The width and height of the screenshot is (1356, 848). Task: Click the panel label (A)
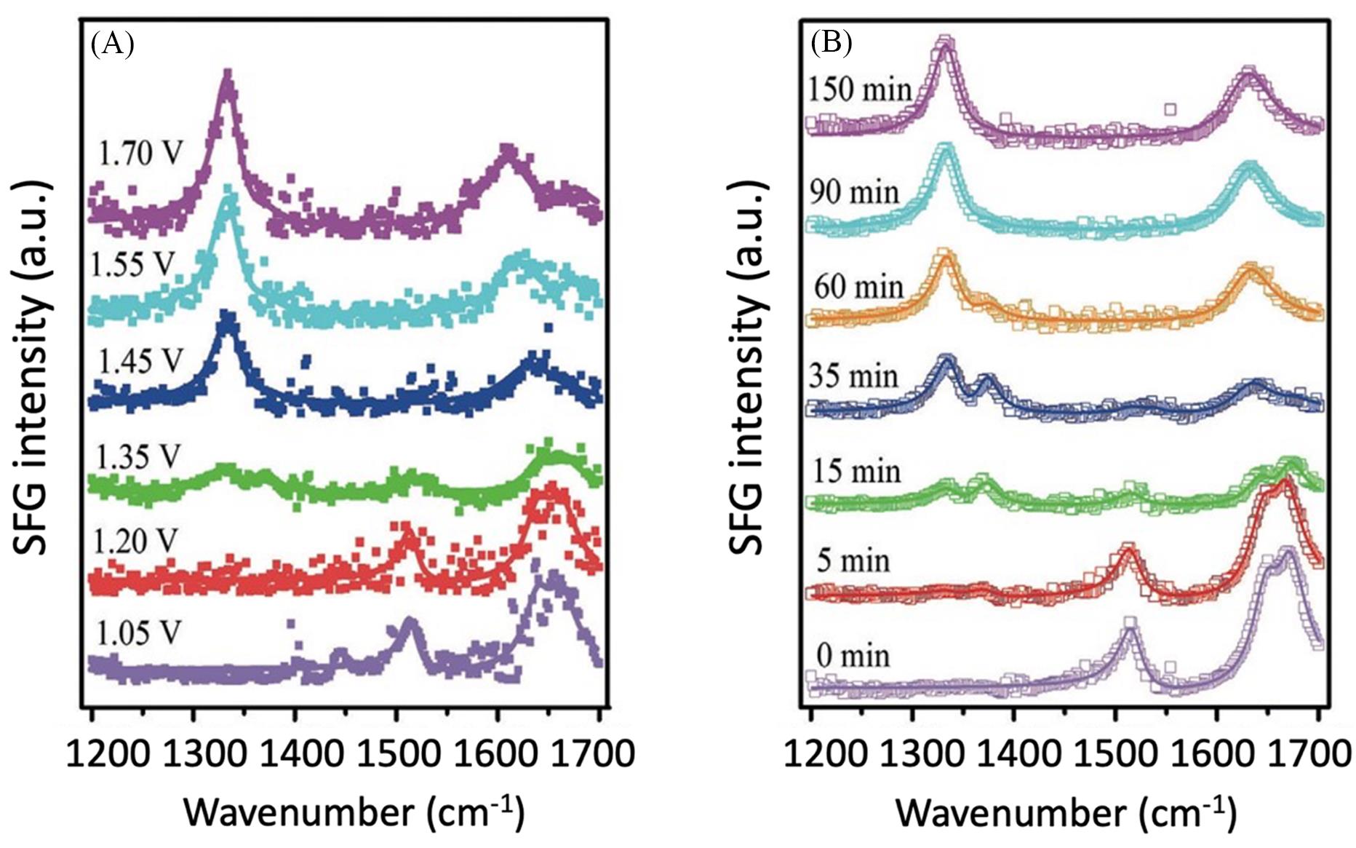[x=112, y=44]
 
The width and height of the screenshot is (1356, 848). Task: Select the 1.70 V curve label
[x=140, y=154]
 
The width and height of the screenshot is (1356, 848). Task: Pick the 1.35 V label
[x=137, y=457]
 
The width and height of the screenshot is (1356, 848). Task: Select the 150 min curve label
[x=859, y=90]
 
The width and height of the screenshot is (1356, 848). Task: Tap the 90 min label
[x=854, y=192]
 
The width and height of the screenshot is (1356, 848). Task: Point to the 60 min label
[x=858, y=287]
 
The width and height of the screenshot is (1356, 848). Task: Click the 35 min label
[x=854, y=376]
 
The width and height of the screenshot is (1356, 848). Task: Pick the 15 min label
[x=855, y=472]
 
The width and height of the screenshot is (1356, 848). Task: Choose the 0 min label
[x=853, y=656]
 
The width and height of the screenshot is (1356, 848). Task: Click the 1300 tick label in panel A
[x=193, y=753]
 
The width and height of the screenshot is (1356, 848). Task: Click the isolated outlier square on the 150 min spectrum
[x=1170, y=110]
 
